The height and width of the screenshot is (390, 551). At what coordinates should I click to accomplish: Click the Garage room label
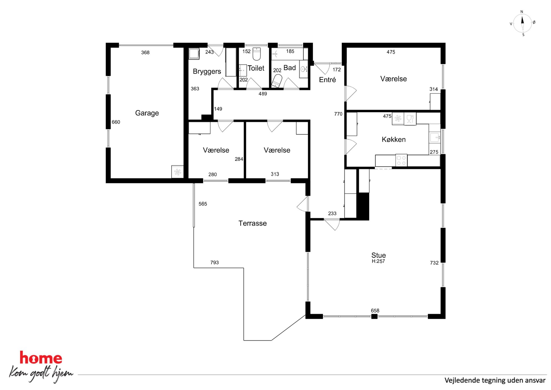point(147,113)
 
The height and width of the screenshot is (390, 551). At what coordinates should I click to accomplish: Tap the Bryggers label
point(207,72)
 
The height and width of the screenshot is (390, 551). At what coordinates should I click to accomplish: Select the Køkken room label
point(394,140)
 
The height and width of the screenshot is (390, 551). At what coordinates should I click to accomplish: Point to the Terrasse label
point(252,223)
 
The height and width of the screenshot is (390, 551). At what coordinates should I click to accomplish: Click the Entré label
point(327,80)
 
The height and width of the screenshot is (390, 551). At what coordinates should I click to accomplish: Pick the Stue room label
point(379,255)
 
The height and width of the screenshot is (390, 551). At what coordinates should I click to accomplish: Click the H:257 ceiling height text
point(378,261)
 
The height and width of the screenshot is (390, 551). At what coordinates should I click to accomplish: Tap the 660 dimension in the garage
point(116,122)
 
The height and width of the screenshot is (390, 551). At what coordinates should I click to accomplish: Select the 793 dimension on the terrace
point(214,262)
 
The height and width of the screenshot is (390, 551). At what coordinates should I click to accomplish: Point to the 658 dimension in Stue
point(375,310)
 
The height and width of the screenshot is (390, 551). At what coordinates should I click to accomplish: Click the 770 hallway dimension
point(338,114)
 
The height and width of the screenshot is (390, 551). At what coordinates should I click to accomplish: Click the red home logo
point(41,358)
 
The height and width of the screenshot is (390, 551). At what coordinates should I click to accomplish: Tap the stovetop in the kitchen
point(401,160)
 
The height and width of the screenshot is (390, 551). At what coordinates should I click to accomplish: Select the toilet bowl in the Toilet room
point(257,54)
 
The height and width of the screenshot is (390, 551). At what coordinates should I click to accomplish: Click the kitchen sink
point(434,137)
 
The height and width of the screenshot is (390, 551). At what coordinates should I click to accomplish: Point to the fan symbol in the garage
point(177,172)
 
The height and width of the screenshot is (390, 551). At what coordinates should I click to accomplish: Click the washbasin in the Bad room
point(304,69)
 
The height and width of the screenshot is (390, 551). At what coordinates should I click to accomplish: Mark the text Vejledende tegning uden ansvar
point(495,380)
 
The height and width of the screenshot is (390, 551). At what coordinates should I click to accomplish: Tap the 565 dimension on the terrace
point(203,204)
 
